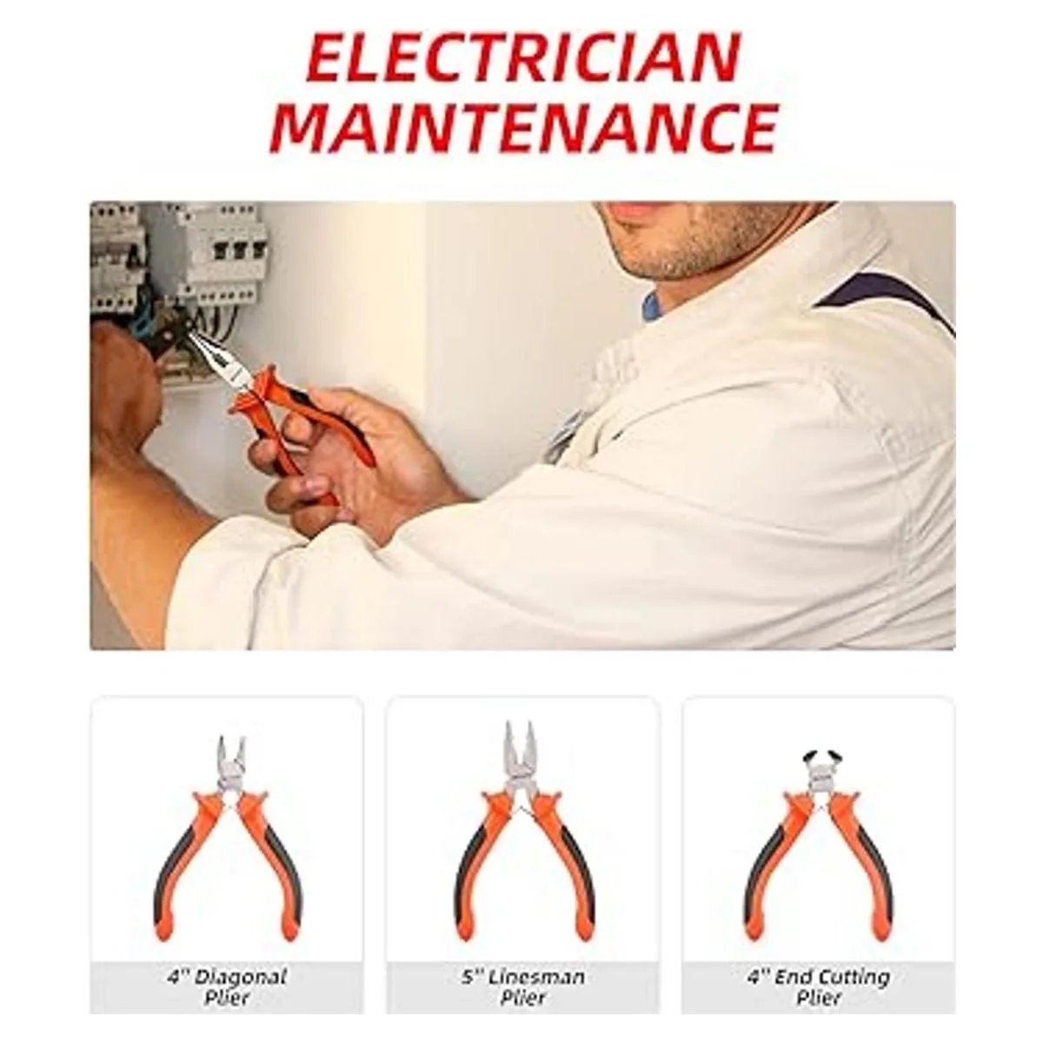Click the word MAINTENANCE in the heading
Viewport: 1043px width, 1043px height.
click(x=523, y=128)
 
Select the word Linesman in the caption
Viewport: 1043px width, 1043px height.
click(x=535, y=962)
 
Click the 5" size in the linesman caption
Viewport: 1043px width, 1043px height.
click(x=469, y=962)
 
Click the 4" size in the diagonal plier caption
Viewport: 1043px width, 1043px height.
click(x=176, y=962)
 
